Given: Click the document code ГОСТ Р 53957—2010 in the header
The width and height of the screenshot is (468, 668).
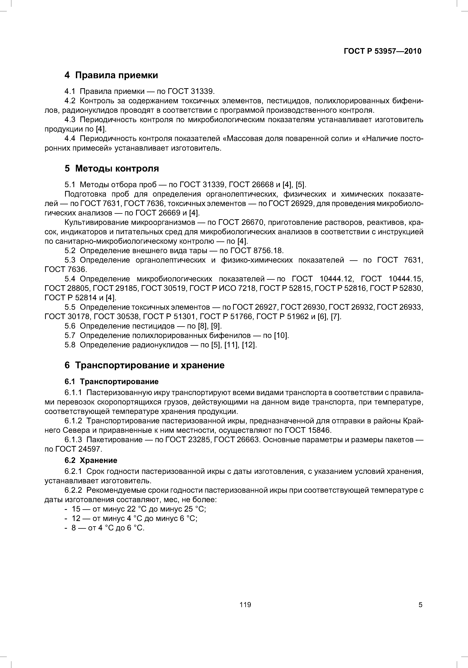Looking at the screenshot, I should pyautogui.click(x=382, y=51).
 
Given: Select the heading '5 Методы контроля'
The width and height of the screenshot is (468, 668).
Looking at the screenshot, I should pyautogui.click(x=112, y=169).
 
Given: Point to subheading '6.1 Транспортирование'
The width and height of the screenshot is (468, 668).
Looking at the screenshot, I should pyautogui.click(x=112, y=381).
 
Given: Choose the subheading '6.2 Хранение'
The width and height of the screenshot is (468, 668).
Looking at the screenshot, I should pyautogui.click(x=91, y=460).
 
